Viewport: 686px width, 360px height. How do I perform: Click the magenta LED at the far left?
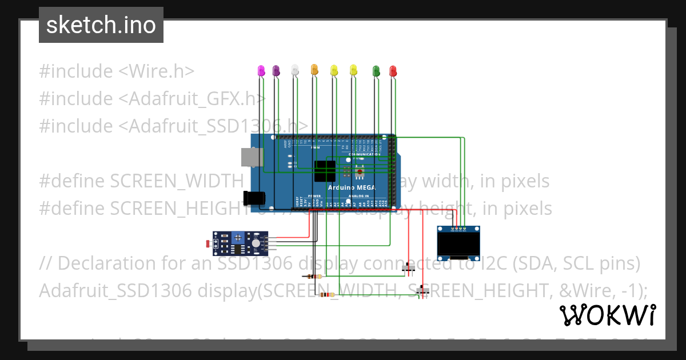click(261, 70)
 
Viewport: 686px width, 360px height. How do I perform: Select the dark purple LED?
click(276, 70)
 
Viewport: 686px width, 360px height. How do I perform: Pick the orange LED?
click(314, 70)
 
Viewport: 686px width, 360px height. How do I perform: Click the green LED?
click(376, 70)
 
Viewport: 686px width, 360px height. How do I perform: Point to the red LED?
click(393, 70)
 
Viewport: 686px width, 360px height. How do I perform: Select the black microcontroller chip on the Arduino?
click(325, 171)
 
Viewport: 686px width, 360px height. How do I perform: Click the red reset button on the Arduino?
click(360, 171)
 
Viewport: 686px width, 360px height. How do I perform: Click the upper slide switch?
click(409, 267)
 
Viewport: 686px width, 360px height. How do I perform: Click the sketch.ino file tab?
click(101, 25)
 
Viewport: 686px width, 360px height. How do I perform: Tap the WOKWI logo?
click(607, 315)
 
